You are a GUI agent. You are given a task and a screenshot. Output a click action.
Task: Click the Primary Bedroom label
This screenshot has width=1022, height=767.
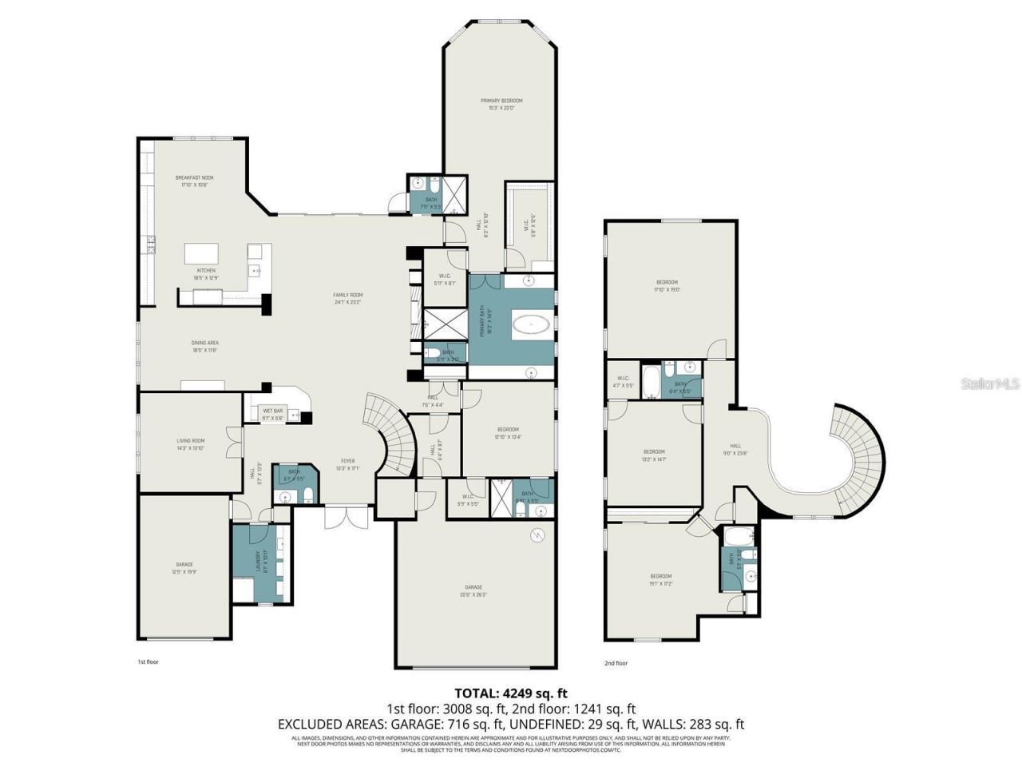point(501,104)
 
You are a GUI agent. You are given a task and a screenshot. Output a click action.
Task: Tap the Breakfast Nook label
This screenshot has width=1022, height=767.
point(195,181)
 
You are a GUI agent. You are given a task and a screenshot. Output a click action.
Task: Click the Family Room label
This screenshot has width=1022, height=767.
point(347,299)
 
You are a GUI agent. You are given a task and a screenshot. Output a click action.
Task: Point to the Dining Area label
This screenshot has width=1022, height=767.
point(204,346)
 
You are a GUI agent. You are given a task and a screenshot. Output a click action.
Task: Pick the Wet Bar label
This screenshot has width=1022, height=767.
point(272,415)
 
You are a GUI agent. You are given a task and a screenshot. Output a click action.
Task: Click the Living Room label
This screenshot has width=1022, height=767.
point(191,443)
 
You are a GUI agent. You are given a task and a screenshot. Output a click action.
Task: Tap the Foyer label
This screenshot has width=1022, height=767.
point(347,464)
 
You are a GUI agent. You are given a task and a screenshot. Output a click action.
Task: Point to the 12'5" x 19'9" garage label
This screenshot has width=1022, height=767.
point(184,568)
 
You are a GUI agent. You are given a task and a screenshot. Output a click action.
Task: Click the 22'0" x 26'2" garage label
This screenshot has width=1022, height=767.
point(473,591)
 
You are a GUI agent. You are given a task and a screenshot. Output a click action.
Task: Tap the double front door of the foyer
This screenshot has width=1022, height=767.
point(347,517)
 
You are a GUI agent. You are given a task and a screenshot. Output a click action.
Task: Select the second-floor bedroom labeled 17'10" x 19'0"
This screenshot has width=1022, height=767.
point(667,285)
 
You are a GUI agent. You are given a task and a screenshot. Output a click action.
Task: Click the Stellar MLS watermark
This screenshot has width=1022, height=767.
point(989,384)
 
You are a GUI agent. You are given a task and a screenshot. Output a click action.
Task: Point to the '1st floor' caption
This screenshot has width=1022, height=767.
point(149,662)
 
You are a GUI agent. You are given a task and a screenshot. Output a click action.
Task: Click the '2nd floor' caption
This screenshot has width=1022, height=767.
point(616,662)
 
